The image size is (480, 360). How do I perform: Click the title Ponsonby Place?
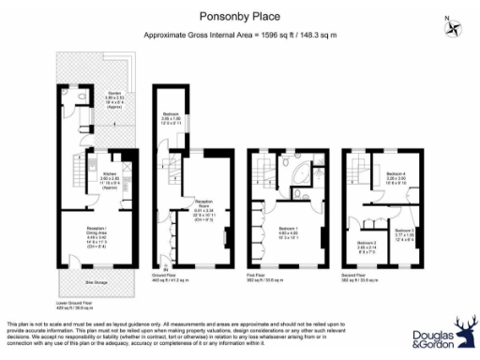pos(240,15)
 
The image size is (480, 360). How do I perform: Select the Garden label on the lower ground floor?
pos(114,96)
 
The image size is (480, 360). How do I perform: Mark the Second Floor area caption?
pos(359,279)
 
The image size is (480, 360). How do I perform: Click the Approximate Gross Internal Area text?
pos(240,35)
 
